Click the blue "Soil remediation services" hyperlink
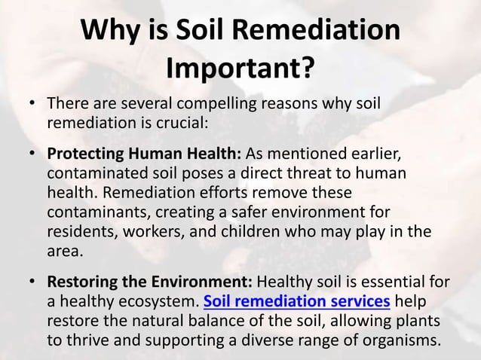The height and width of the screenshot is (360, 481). (x=297, y=302)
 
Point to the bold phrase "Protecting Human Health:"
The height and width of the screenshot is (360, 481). (x=144, y=154)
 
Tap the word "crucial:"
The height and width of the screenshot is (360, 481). (x=179, y=121)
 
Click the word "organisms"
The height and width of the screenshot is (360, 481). (x=400, y=340)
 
